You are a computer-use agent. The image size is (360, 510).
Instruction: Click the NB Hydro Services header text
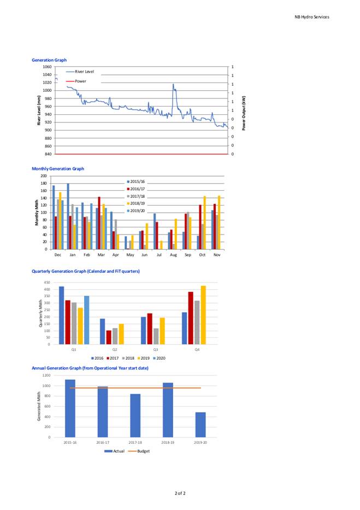pos(311,17)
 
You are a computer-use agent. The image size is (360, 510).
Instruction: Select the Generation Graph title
pos(49,60)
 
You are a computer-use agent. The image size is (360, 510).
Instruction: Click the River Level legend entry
pos(80,72)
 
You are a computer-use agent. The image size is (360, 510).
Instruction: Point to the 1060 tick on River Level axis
pos(47,67)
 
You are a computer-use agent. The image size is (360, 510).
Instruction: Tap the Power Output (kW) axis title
pos(244,113)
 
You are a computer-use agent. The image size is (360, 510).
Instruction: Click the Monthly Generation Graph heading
pos(58,168)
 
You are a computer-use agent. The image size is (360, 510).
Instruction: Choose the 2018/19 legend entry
pos(136,203)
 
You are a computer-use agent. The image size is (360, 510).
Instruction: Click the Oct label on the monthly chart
pos(202,255)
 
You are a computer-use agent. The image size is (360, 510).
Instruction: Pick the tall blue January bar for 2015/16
pos(68,216)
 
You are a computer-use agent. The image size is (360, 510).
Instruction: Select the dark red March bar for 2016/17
pos(99,223)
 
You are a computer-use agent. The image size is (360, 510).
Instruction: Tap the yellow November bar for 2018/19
pos(219,222)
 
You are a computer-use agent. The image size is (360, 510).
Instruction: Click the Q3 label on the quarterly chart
pos(156,349)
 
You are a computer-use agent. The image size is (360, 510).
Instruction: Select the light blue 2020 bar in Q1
pos(86,320)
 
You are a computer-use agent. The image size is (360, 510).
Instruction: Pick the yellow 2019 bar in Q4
pos(203,315)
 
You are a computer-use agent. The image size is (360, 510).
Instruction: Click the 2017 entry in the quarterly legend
pos(113,358)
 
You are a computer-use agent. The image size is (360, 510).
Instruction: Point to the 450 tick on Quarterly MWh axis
pos(47,282)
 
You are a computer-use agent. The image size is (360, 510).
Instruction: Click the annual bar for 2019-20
pos(200,425)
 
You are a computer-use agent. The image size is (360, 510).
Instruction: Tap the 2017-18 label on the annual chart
pos(135,442)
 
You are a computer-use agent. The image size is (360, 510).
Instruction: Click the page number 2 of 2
pos(180,493)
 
